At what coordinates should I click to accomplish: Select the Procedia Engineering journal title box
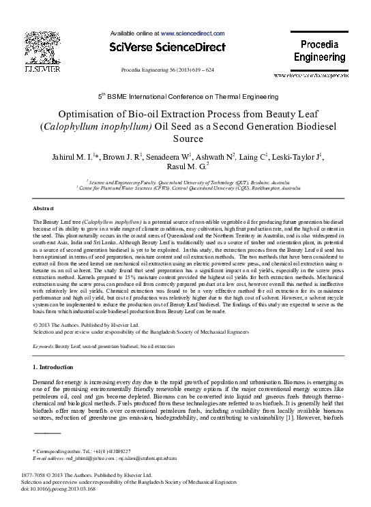point(314,51)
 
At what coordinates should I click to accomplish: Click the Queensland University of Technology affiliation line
point(184,183)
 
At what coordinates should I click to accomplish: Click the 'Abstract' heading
point(43,207)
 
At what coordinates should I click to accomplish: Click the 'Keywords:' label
point(44,347)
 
